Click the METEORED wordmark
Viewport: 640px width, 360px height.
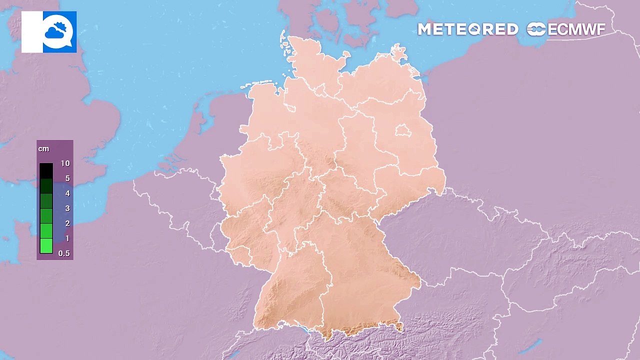(x=467, y=29)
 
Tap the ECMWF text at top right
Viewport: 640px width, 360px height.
(x=576, y=29)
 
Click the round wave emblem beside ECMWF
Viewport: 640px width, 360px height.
(x=536, y=29)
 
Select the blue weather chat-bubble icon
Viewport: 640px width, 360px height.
(x=59, y=32)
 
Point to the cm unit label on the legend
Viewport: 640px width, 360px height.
(x=43, y=149)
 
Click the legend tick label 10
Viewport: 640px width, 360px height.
(x=65, y=163)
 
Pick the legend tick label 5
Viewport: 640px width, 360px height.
(x=67, y=178)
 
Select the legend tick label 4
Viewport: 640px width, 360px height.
(x=67, y=193)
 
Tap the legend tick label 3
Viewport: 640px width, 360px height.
(x=67, y=208)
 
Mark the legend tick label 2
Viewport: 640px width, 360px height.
(x=67, y=223)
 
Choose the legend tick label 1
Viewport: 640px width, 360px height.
(x=67, y=238)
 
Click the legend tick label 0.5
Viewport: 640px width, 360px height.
(x=64, y=253)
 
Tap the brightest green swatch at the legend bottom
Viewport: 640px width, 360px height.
(x=46, y=246)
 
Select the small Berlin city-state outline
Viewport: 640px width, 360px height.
(x=403, y=131)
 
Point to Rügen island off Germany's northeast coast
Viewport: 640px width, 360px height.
(x=398, y=53)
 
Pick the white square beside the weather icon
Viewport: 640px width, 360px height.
(x=32, y=32)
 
